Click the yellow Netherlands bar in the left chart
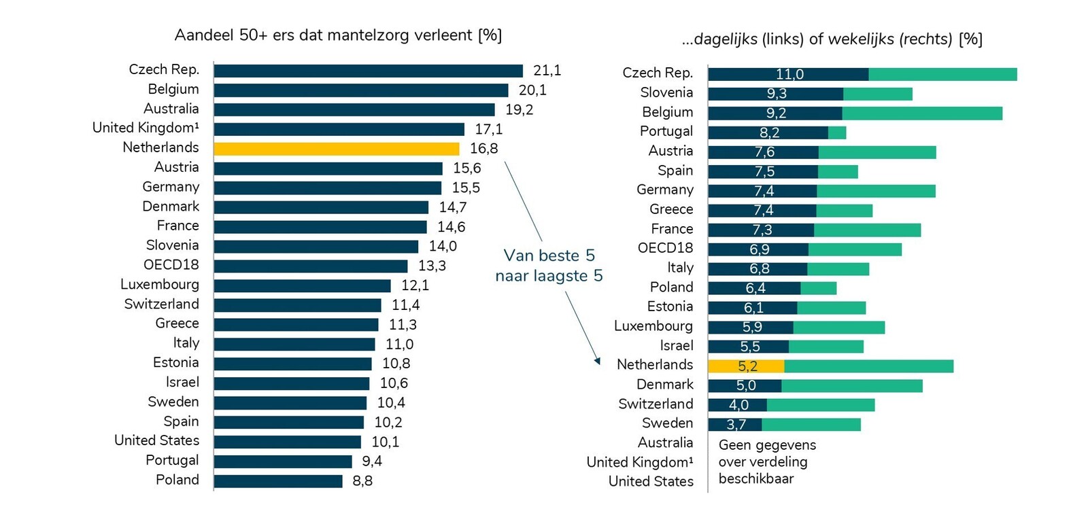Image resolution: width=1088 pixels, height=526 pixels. click(x=337, y=149)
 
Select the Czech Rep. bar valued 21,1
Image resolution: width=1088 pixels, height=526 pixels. click(x=368, y=71)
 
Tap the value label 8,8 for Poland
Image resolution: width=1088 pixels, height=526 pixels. click(x=362, y=481)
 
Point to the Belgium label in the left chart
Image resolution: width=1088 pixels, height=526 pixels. click(x=173, y=90)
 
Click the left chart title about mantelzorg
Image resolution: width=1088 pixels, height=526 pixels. click(x=338, y=35)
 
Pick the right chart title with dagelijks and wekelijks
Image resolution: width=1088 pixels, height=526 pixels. click(x=832, y=39)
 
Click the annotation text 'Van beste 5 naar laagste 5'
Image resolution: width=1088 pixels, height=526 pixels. click(x=549, y=266)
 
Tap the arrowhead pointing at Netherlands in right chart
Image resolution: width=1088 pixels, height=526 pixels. click(x=597, y=361)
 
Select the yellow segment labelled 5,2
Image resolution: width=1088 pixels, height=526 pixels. click(x=746, y=366)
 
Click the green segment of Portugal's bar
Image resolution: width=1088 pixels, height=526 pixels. click(x=837, y=133)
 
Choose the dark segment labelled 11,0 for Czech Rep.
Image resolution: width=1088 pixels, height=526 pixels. click(x=788, y=75)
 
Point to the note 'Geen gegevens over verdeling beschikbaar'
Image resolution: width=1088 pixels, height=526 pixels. click(x=767, y=462)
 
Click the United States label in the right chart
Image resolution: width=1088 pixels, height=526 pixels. click(x=651, y=482)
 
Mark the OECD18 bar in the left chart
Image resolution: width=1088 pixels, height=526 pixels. click(x=311, y=266)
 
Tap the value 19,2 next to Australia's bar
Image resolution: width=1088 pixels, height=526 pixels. click(x=519, y=110)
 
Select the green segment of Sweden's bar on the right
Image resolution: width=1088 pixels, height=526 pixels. click(x=811, y=425)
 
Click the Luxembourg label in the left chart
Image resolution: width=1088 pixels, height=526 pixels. click(x=160, y=285)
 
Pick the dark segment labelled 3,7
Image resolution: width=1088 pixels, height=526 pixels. click(x=735, y=425)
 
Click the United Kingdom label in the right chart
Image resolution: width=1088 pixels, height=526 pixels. click(x=640, y=462)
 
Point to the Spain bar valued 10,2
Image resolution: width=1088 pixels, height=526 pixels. click(x=289, y=422)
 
